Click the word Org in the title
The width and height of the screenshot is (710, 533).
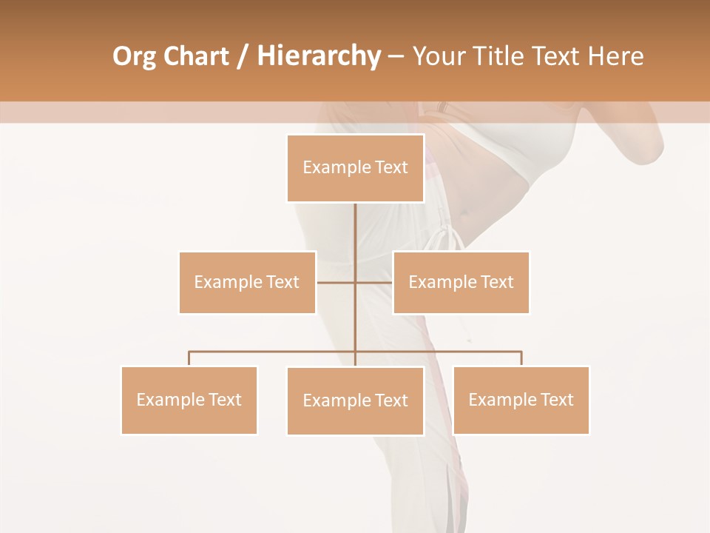pos(134,56)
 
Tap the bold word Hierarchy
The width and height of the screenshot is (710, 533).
pos(318,56)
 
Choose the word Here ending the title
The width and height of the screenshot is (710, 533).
pos(615,56)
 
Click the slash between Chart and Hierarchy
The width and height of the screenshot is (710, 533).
pos(243,57)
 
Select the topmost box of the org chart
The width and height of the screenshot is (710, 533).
pos(355,168)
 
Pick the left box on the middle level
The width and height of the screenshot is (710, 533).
pos(247,282)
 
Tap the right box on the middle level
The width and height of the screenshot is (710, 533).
pos(461,282)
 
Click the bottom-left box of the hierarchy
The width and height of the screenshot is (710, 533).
pos(189,400)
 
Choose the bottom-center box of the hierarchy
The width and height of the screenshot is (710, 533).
pos(355,400)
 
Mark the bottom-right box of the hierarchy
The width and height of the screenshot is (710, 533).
pos(521,400)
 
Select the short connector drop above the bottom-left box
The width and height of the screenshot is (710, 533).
pos(189,359)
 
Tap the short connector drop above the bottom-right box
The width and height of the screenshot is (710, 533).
pos(521,359)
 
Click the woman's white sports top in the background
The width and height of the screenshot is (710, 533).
pos(540,148)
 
